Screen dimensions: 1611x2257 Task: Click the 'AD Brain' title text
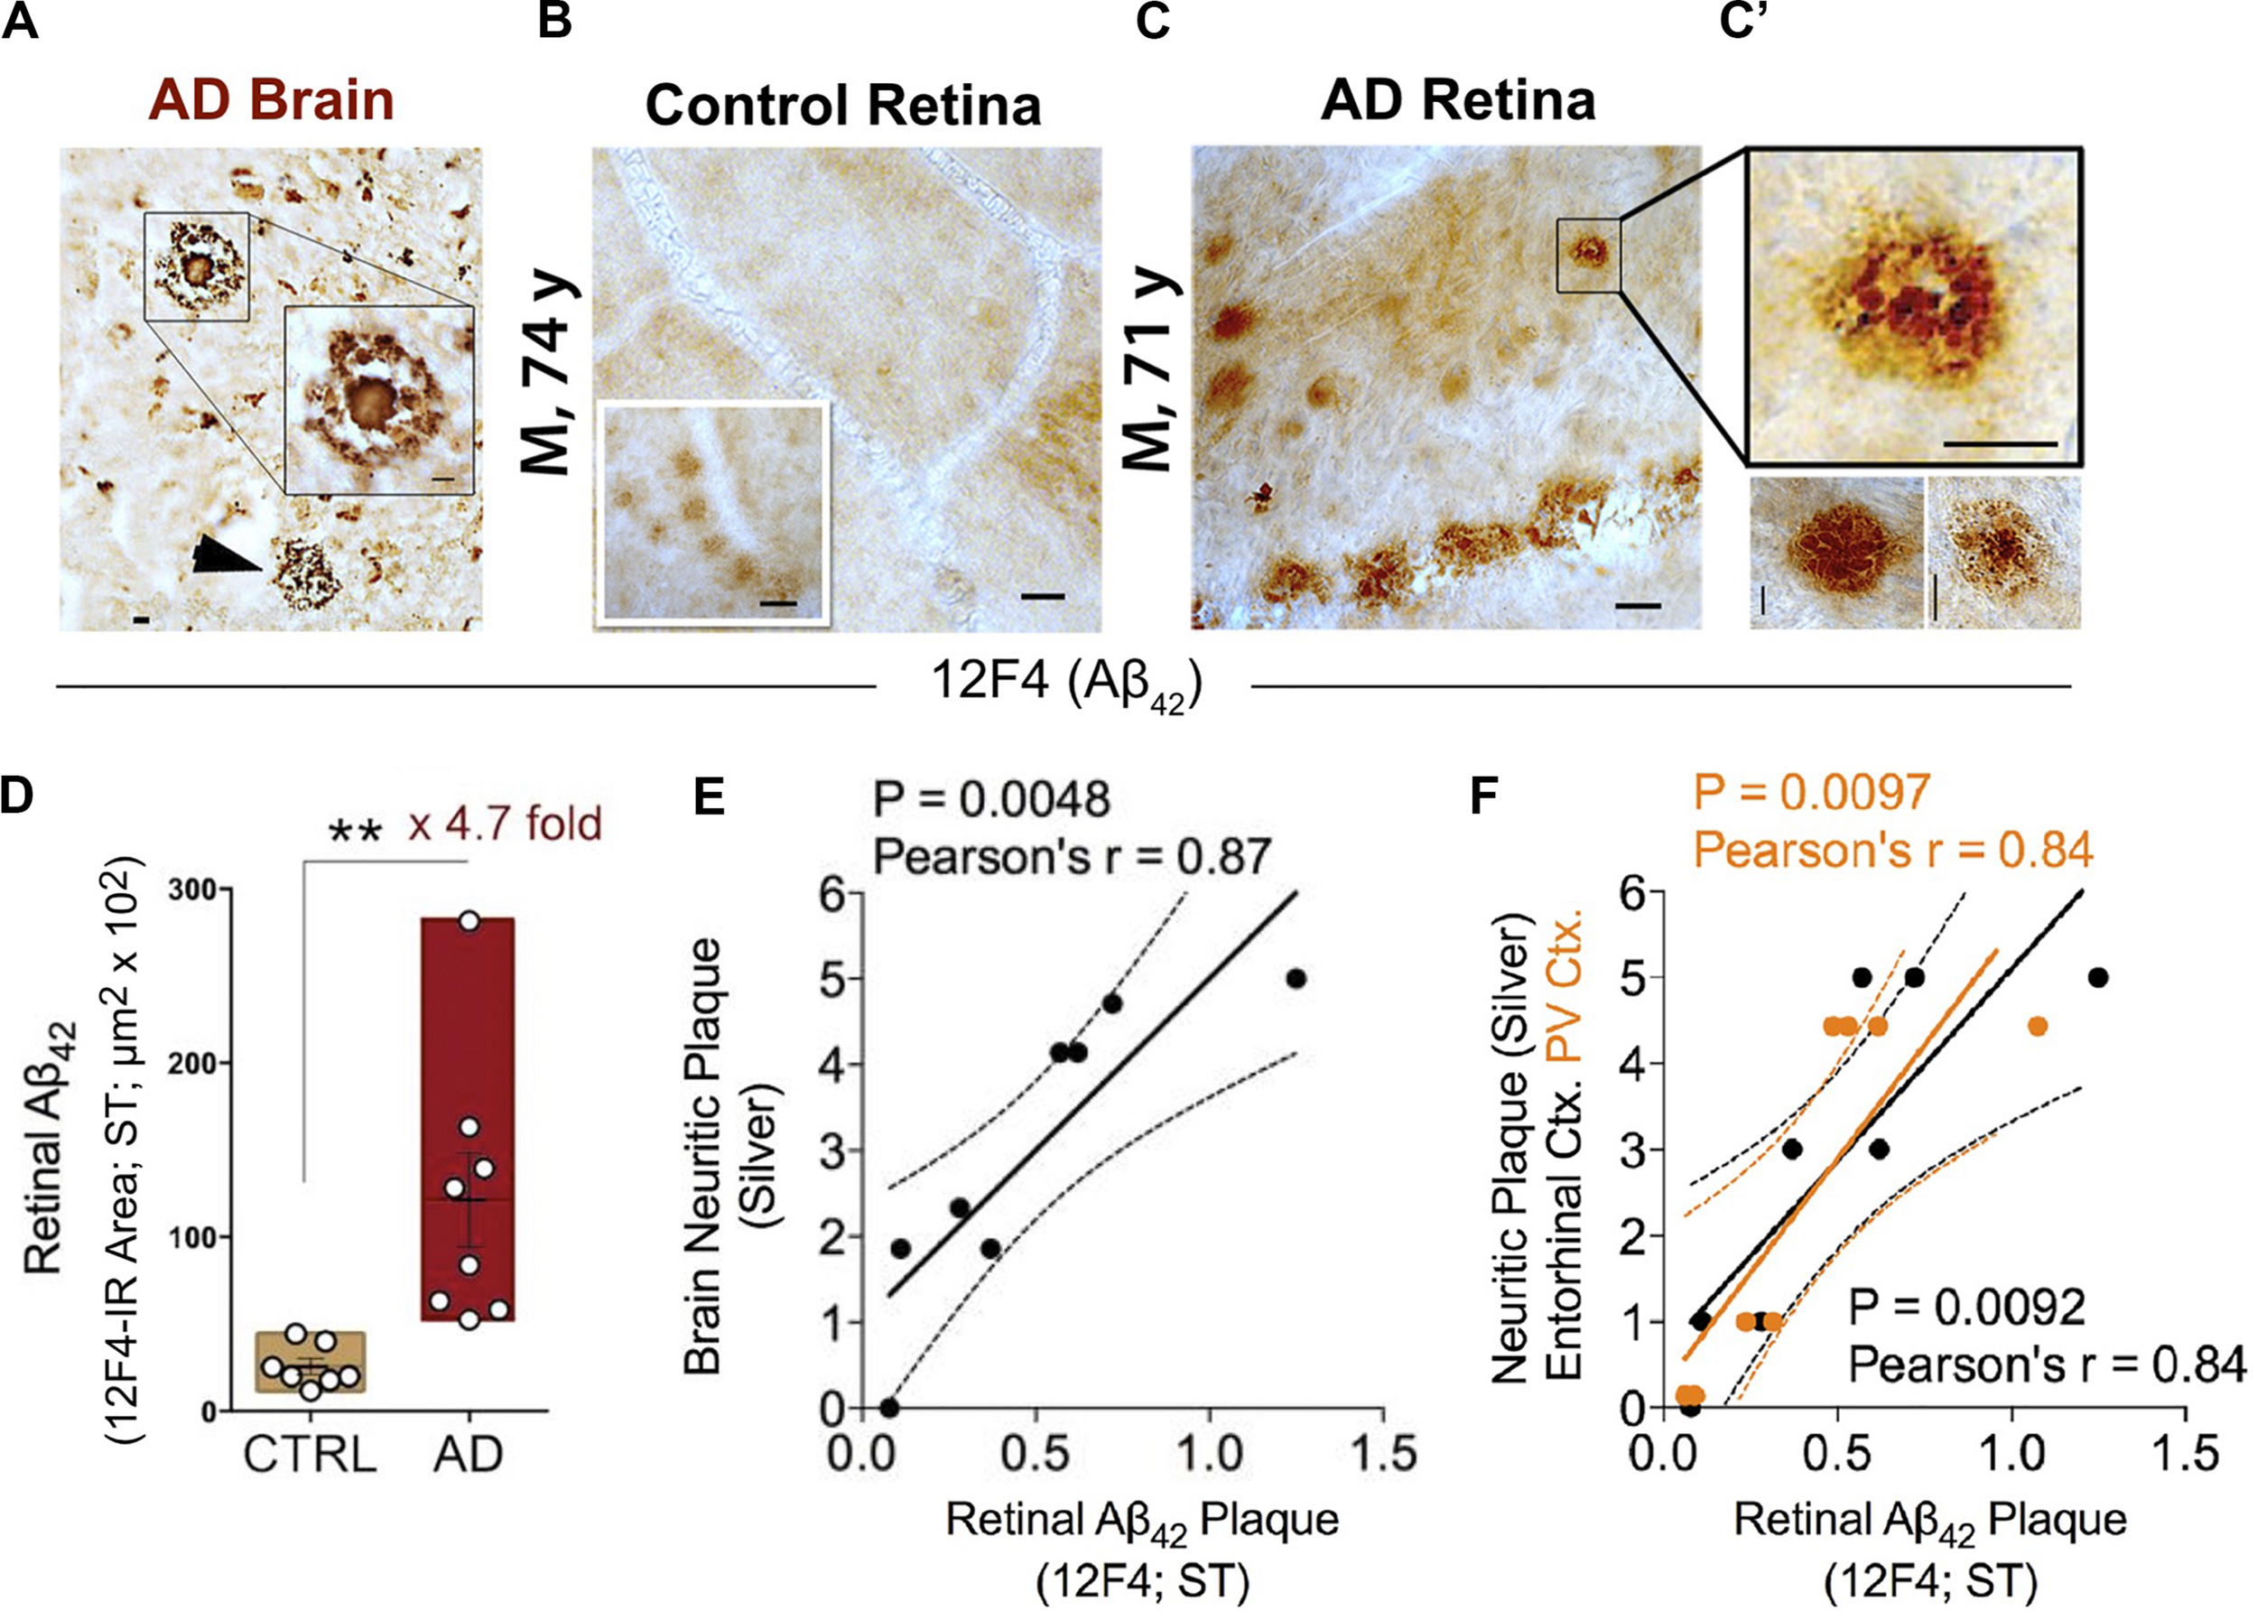click(271, 101)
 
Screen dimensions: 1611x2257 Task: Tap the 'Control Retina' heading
click(843, 105)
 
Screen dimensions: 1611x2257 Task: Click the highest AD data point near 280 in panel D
click(470, 920)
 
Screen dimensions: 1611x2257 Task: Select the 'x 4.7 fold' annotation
click(505, 824)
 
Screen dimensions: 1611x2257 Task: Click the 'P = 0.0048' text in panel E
click(990, 799)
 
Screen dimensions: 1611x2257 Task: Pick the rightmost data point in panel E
click(1296, 978)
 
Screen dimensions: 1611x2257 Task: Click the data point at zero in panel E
click(889, 1407)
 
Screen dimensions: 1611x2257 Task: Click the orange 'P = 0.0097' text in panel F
click(1811, 792)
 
